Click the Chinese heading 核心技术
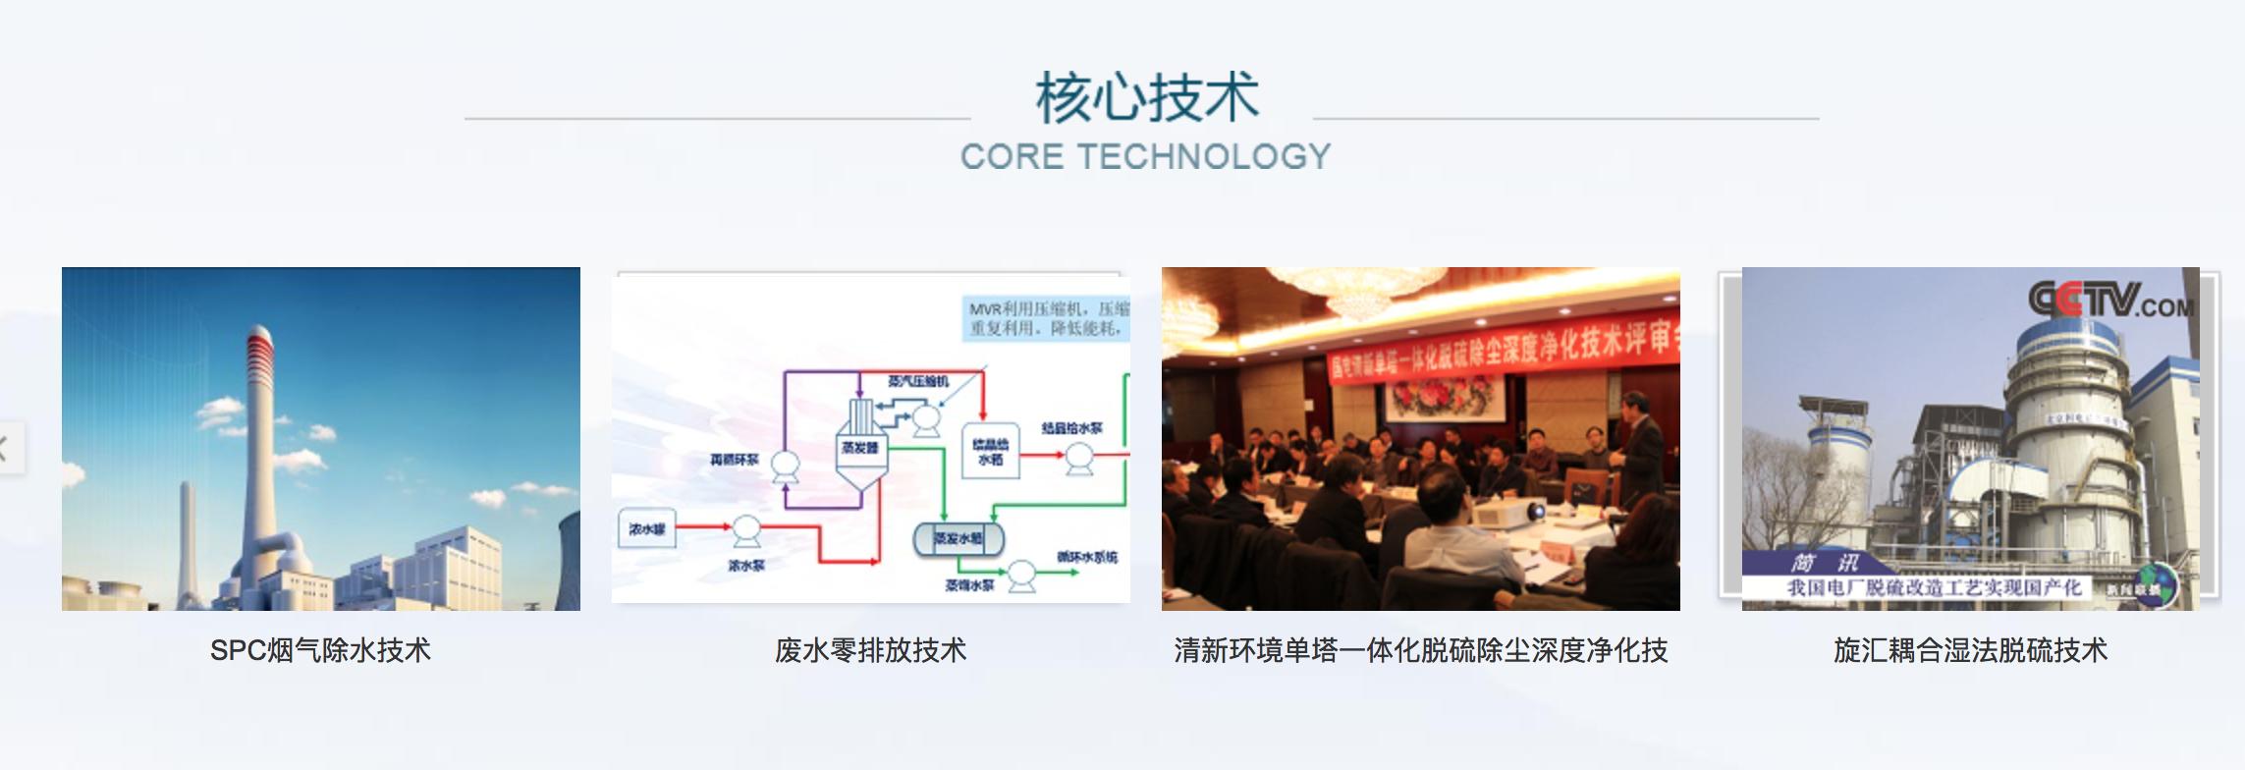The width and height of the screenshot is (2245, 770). click(x=1146, y=98)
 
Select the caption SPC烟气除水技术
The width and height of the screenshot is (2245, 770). click(x=320, y=650)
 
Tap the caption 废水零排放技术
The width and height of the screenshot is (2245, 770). click(x=870, y=650)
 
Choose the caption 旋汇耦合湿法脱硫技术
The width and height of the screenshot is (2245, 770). click(x=1970, y=650)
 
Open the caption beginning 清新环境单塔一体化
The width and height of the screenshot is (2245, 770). click(x=1420, y=650)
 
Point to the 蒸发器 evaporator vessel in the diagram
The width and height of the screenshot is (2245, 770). click(x=859, y=452)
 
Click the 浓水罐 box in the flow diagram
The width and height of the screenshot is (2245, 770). click(x=646, y=529)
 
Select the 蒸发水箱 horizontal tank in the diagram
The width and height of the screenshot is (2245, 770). click(x=958, y=538)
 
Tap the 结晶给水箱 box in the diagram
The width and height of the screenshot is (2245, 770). click(x=990, y=453)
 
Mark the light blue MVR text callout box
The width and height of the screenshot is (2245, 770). click(x=1047, y=319)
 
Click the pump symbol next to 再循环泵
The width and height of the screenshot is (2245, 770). click(x=784, y=466)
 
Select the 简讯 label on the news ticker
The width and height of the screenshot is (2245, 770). click(x=1825, y=563)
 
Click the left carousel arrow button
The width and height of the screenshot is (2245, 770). click(x=8, y=449)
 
